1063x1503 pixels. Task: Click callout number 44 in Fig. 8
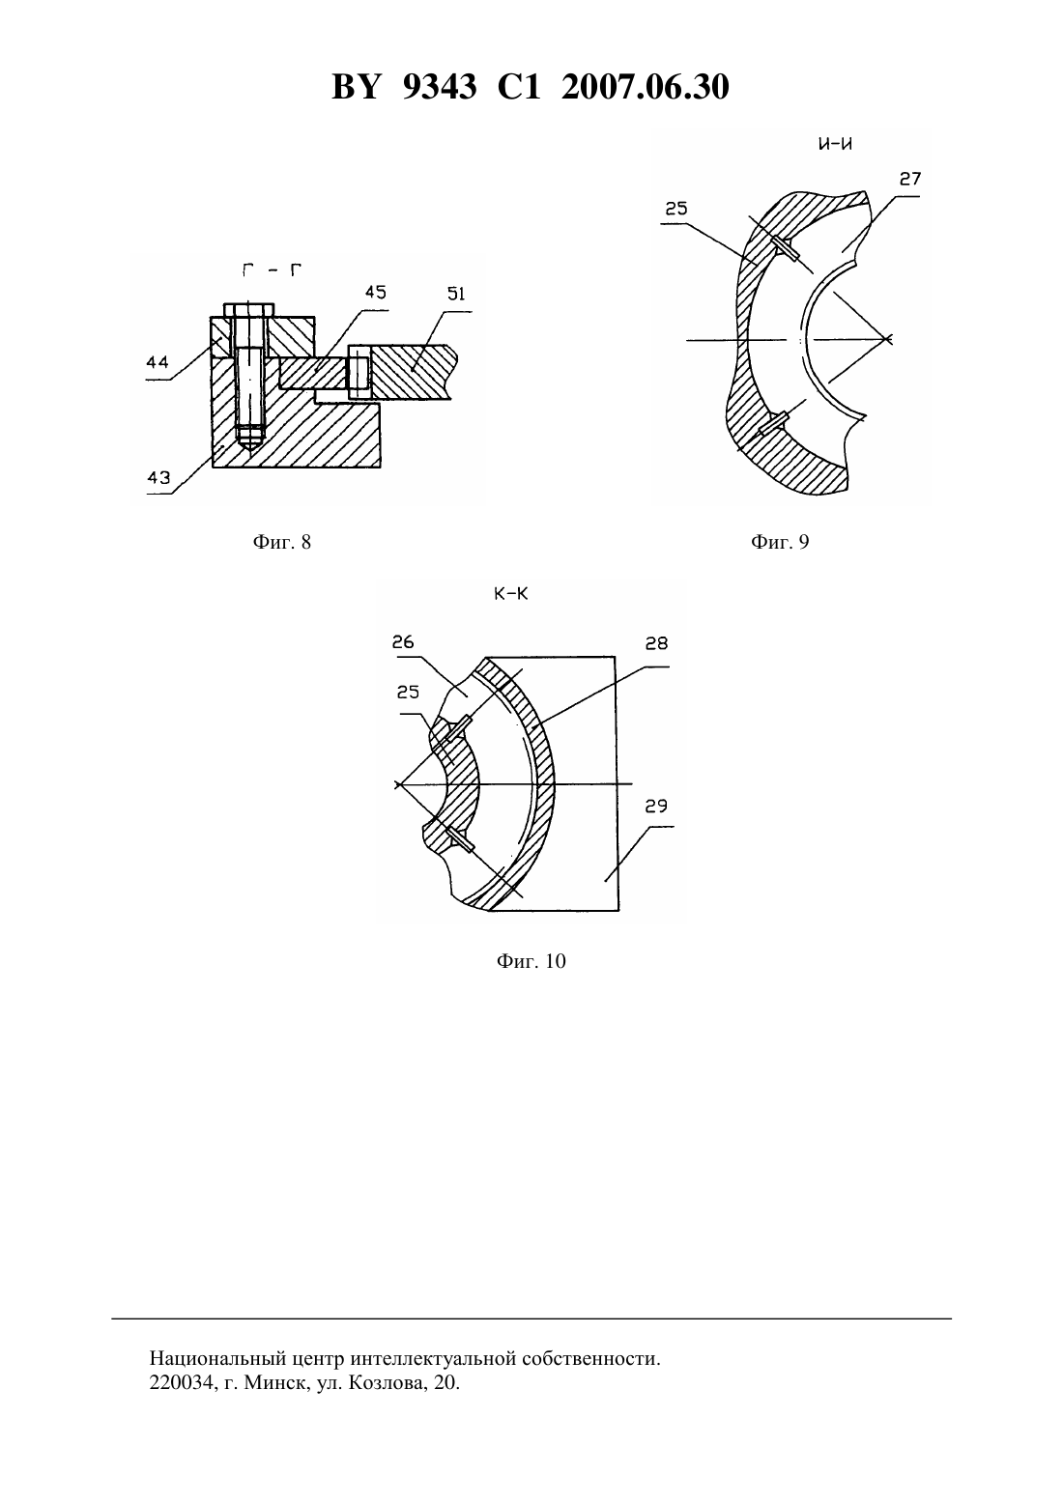click(x=158, y=362)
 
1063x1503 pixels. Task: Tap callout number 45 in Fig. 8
click(x=376, y=293)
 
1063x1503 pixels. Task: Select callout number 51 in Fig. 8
click(x=456, y=294)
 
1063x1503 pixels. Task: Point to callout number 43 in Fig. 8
click(x=158, y=478)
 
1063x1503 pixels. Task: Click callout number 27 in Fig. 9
click(x=910, y=179)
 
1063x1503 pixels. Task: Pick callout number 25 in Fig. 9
click(x=676, y=209)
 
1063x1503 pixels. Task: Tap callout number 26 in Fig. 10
click(x=403, y=642)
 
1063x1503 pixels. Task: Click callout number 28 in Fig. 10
click(x=656, y=643)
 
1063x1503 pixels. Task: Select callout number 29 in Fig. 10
click(x=656, y=806)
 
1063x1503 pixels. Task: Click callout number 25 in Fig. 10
click(x=408, y=691)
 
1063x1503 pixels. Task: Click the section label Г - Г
click(x=272, y=270)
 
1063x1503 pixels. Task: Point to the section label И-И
click(x=835, y=144)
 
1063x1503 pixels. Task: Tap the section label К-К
click(x=511, y=594)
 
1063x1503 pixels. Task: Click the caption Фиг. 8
click(x=282, y=542)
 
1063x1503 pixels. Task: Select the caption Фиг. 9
click(x=780, y=542)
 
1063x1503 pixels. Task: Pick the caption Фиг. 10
click(x=531, y=961)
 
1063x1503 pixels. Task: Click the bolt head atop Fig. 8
click(x=249, y=309)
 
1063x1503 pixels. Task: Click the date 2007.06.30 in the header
click(x=645, y=87)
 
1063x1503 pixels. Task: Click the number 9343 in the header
click(x=440, y=87)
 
